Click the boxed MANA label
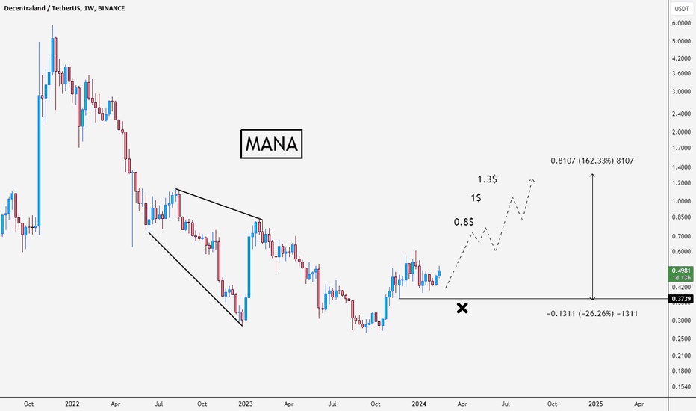click(x=272, y=144)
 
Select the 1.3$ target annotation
click(x=489, y=179)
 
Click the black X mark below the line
click(x=462, y=307)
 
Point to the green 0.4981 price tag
click(x=680, y=271)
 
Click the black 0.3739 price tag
click(x=680, y=299)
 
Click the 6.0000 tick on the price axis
click(x=680, y=23)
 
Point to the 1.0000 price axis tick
click(x=680, y=201)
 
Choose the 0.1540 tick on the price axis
click(x=680, y=386)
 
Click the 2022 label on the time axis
click(x=72, y=404)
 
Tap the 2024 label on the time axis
click(x=420, y=404)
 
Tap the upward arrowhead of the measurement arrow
click(x=592, y=176)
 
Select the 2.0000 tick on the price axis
click(x=680, y=132)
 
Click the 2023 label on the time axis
click(x=246, y=404)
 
